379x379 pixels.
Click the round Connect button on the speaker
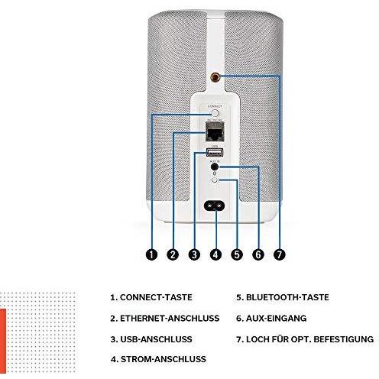click(x=215, y=113)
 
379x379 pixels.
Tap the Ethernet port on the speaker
click(x=215, y=131)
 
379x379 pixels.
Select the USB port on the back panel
click(x=215, y=153)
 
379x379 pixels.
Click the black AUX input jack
click(x=215, y=167)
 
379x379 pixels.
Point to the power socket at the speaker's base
click(x=215, y=205)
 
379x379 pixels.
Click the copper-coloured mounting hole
click(x=215, y=76)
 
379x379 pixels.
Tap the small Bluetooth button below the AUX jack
click(x=215, y=180)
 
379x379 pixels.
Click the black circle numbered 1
click(x=151, y=254)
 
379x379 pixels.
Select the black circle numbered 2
click(x=173, y=254)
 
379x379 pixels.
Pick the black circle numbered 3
click(x=194, y=254)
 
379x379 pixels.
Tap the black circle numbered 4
click(x=215, y=254)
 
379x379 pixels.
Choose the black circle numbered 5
click(x=237, y=254)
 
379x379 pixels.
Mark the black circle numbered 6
click(x=258, y=254)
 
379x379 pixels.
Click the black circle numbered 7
click(x=280, y=254)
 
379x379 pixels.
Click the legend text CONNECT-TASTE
click(x=156, y=297)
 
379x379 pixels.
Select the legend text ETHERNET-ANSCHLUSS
click(x=170, y=319)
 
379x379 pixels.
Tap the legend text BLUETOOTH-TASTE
click(x=287, y=297)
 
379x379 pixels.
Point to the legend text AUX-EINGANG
click(x=276, y=319)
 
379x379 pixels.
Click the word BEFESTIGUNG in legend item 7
click(x=344, y=339)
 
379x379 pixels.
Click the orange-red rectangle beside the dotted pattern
click(x=3, y=341)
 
